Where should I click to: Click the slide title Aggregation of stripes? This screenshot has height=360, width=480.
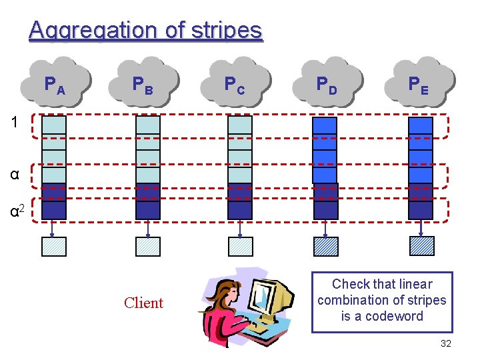tap(145, 31)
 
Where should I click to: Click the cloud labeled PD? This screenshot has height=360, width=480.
tap(327, 84)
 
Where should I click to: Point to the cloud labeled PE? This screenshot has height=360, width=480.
tap(419, 84)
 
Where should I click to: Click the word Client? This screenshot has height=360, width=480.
tap(143, 303)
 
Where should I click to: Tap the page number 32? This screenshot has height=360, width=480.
tap(446, 344)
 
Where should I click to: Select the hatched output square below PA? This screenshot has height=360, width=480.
tap(54, 247)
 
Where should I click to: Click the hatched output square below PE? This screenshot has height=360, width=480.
tap(421, 247)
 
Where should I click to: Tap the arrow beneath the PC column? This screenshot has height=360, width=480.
tap(240, 228)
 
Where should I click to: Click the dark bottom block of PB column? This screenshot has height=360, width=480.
tap(148, 209)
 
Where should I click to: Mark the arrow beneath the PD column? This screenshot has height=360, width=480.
tap(325, 228)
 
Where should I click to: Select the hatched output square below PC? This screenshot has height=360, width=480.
tap(240, 247)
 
